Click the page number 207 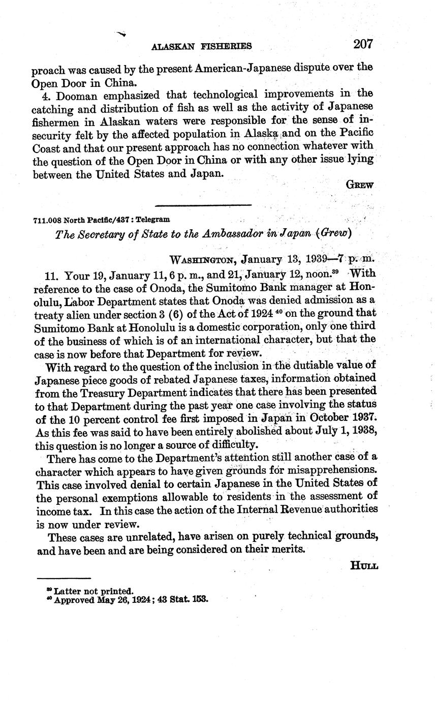[363, 44]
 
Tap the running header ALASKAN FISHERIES [202, 46]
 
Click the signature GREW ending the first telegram [359, 185]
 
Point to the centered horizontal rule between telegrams [203, 205]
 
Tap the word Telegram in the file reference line [154, 220]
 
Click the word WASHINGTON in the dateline [202, 260]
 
